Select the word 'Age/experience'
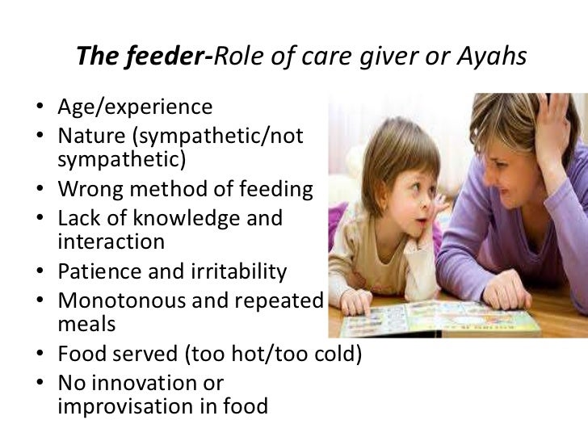click(136, 107)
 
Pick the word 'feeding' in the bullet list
click(271, 191)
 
